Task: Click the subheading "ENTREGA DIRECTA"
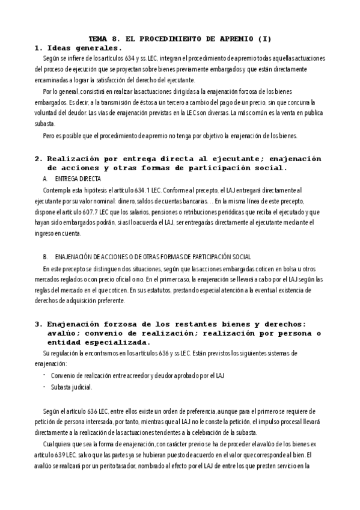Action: pos(78,179)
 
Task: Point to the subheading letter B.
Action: pos(46,256)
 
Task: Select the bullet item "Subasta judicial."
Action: pos(72,387)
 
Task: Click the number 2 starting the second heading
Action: pos(37,159)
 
